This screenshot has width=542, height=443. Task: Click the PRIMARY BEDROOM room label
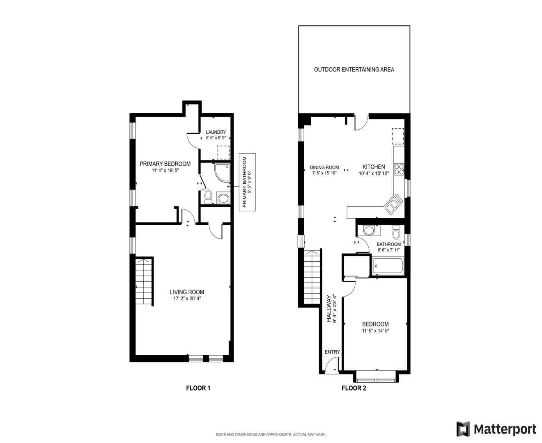coord(165,164)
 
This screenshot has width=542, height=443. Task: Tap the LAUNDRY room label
coord(216,132)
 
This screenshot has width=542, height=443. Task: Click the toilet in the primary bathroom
coord(208,196)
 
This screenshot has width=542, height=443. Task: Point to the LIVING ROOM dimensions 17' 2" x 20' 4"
coord(187,299)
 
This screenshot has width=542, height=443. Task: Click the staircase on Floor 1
coord(144,282)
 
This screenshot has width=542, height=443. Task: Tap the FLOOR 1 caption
coord(198,388)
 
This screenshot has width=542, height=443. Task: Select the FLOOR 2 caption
coord(354,388)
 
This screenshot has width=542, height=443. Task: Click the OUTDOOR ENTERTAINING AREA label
coord(354,70)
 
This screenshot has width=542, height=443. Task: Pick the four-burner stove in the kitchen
coord(399,169)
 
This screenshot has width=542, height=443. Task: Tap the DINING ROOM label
coord(324,167)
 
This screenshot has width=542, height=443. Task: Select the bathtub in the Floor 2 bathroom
coord(388,266)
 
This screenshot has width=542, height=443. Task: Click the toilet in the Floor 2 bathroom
coord(396,233)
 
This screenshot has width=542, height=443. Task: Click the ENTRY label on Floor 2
coord(332,352)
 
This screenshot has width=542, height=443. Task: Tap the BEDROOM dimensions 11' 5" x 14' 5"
coord(375,331)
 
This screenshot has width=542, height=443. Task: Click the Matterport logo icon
coord(463,429)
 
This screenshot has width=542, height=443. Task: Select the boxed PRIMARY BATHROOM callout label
coord(247,182)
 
